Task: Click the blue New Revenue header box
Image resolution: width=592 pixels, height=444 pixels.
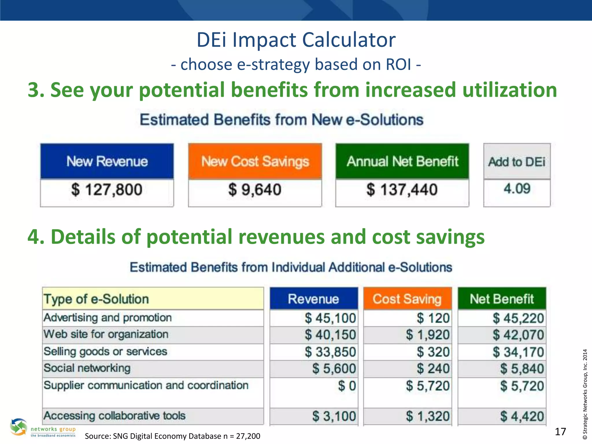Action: click(x=107, y=161)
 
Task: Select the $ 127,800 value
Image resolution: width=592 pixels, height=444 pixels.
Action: click(x=107, y=190)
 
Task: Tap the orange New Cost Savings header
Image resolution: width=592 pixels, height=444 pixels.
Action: click(x=255, y=161)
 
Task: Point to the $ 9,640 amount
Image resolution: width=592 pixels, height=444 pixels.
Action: click(x=255, y=190)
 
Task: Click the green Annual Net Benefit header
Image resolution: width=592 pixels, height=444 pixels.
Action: click(x=402, y=161)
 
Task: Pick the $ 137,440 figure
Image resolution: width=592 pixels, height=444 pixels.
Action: click(x=402, y=190)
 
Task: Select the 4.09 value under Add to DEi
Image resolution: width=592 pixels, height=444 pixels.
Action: click(x=517, y=189)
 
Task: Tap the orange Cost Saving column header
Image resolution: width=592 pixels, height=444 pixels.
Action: click(x=407, y=299)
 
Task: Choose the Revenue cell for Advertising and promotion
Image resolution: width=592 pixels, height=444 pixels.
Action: click(x=330, y=318)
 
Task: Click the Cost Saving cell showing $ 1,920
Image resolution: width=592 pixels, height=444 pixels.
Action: click(x=428, y=335)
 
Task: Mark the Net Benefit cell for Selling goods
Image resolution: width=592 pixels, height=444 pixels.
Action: click(x=518, y=352)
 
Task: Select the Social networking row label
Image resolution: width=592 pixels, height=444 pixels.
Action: click(x=87, y=368)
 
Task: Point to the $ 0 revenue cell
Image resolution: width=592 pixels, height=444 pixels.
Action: click(x=347, y=386)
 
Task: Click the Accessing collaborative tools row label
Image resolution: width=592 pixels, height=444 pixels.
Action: click(x=114, y=416)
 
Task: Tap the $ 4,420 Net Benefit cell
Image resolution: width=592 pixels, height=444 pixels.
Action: click(x=522, y=416)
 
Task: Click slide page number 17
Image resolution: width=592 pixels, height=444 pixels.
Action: click(x=560, y=432)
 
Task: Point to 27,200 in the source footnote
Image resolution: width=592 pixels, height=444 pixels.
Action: click(x=248, y=436)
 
